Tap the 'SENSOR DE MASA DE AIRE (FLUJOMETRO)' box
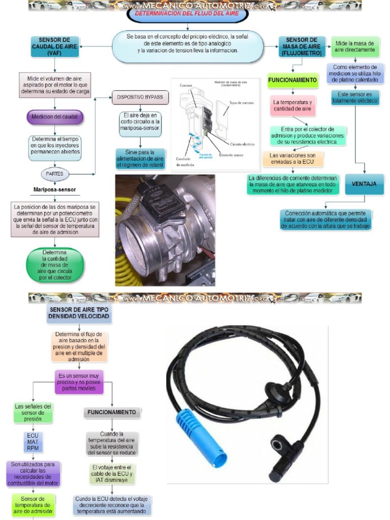(x=302, y=46)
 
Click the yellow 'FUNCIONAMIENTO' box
(x=293, y=80)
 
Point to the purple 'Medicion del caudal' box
(x=55, y=116)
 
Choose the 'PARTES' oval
(x=55, y=174)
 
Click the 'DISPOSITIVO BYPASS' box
(x=140, y=97)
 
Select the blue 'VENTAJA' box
(x=365, y=184)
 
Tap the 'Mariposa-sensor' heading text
(x=54, y=190)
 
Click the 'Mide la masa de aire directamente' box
(x=355, y=47)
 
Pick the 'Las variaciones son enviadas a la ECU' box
(x=292, y=159)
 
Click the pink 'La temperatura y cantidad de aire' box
(x=292, y=106)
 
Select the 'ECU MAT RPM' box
(x=32, y=441)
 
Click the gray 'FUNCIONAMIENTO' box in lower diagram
(x=111, y=412)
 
